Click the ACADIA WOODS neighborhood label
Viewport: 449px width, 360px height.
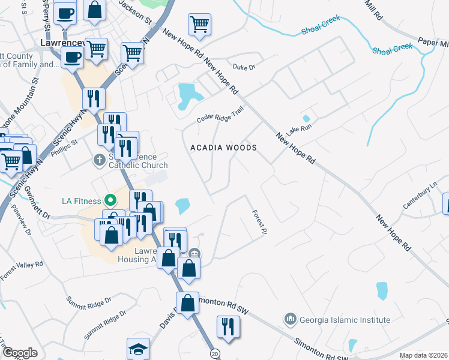(x=224, y=148)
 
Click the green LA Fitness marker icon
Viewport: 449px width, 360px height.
(x=110, y=200)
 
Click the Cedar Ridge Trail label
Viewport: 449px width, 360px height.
(x=220, y=115)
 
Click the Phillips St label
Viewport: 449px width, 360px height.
(x=67, y=146)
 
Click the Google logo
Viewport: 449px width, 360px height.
(x=20, y=353)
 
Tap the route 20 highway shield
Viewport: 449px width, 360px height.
(x=214, y=354)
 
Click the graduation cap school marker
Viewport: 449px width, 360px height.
(x=137, y=349)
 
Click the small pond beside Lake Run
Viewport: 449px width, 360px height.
(x=306, y=118)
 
